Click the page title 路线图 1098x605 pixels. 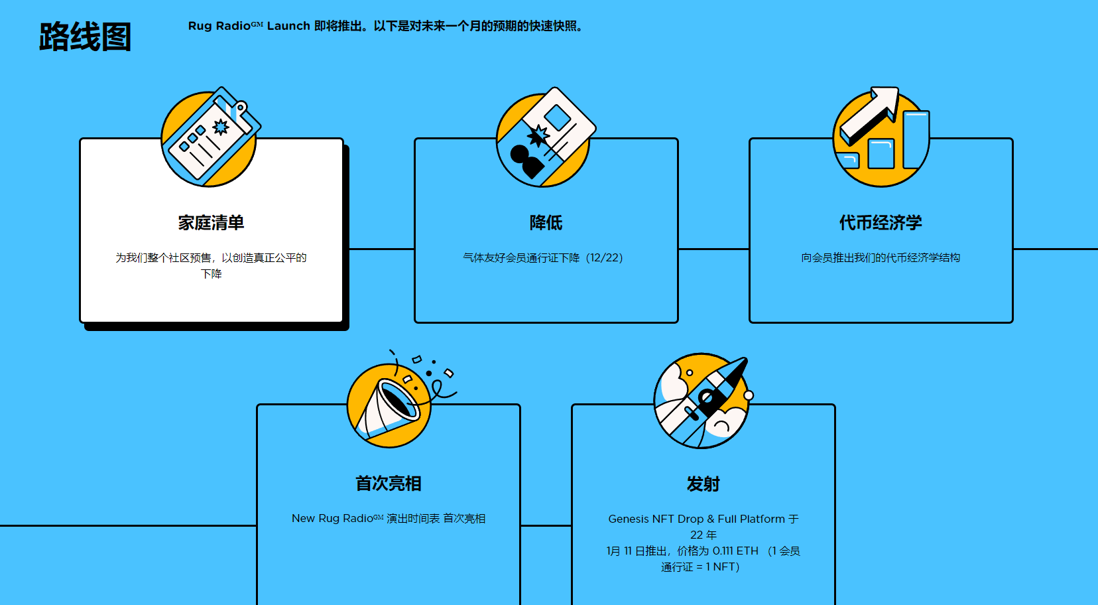click(x=85, y=36)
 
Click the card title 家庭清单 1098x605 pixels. click(x=211, y=223)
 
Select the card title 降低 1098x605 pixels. click(x=546, y=223)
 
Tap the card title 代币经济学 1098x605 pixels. click(x=881, y=223)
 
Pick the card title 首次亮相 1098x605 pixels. click(x=389, y=484)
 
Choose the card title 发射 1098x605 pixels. click(x=703, y=484)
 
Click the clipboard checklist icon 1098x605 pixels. click(x=210, y=137)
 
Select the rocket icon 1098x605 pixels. click(x=702, y=401)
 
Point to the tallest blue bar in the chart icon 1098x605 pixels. click(x=916, y=140)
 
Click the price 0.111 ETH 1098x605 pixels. click(x=735, y=551)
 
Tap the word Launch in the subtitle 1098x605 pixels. click(x=288, y=26)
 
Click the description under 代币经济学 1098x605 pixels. click(x=881, y=258)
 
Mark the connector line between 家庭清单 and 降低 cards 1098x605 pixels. click(x=381, y=249)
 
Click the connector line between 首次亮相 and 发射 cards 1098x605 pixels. click(x=546, y=525)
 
